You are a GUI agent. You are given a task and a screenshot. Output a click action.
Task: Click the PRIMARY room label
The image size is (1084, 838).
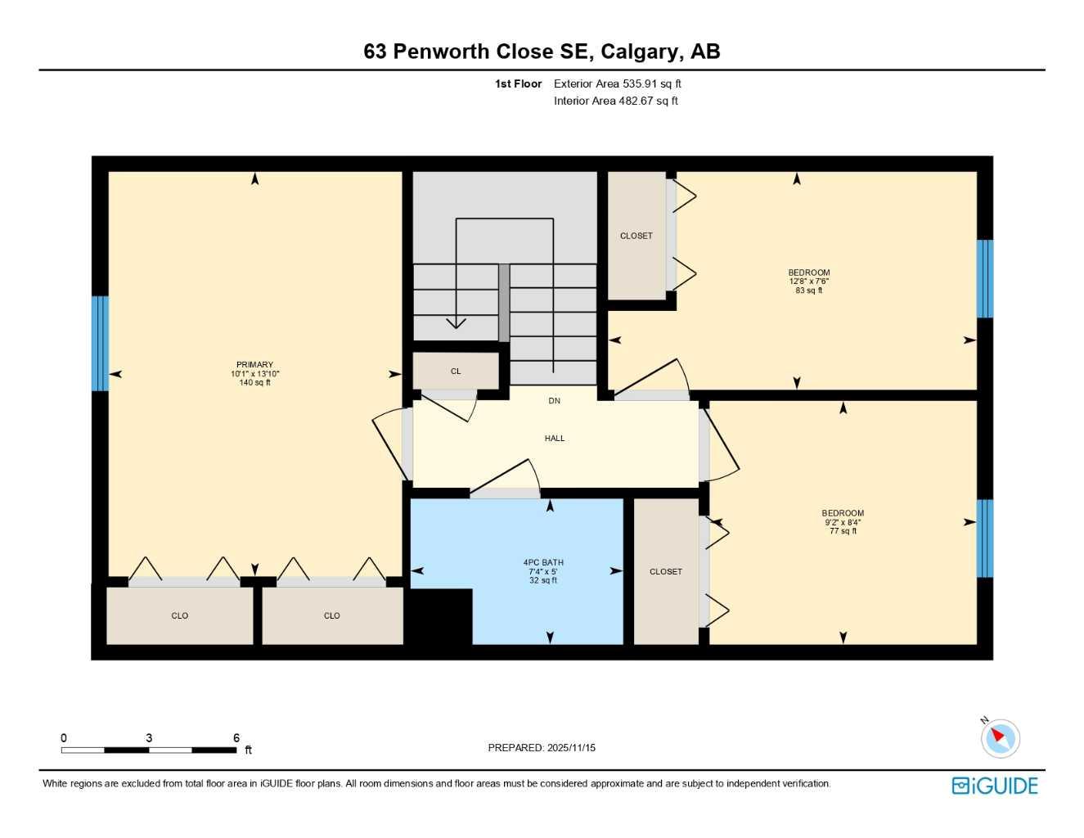pyautogui.click(x=254, y=365)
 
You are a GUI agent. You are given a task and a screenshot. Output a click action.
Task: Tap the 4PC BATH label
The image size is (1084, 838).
pyautogui.click(x=543, y=562)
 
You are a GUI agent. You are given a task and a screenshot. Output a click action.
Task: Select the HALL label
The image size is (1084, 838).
pyautogui.click(x=555, y=439)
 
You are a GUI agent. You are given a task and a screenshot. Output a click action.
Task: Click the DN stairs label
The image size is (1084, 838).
pyautogui.click(x=555, y=401)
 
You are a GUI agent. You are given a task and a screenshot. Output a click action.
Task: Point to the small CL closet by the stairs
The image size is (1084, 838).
pyautogui.click(x=456, y=372)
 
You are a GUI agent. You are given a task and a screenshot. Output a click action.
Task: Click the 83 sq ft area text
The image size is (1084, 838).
pyautogui.click(x=808, y=291)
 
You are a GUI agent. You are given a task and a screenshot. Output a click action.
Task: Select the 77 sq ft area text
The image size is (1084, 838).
pyautogui.click(x=843, y=531)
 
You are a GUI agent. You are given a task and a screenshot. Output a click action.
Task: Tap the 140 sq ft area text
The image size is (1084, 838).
pyautogui.click(x=254, y=383)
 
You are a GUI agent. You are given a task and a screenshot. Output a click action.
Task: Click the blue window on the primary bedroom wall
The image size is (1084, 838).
pyautogui.click(x=100, y=344)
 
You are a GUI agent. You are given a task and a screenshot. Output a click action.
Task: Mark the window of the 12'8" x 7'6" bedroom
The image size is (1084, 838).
pyautogui.click(x=985, y=278)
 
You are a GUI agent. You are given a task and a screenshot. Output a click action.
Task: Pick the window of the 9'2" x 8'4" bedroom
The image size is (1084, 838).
pyautogui.click(x=985, y=538)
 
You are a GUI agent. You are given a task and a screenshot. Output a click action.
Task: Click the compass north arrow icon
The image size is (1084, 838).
pyautogui.click(x=999, y=737)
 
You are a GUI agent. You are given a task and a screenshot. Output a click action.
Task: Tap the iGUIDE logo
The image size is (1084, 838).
pyautogui.click(x=995, y=786)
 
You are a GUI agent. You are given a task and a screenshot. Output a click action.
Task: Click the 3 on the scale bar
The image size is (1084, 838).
pyautogui.click(x=149, y=738)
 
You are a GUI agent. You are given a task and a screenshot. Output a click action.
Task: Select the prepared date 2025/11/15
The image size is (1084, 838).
pyautogui.click(x=571, y=748)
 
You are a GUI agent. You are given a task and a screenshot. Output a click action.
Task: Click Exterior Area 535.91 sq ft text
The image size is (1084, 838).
pyautogui.click(x=617, y=83)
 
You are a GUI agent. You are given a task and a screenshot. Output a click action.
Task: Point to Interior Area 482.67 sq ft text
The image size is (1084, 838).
pyautogui.click(x=615, y=101)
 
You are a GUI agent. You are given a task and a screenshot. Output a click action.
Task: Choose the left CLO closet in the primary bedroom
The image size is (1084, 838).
pyautogui.click(x=180, y=616)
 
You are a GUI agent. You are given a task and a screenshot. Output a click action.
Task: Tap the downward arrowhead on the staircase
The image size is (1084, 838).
pyautogui.click(x=456, y=322)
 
